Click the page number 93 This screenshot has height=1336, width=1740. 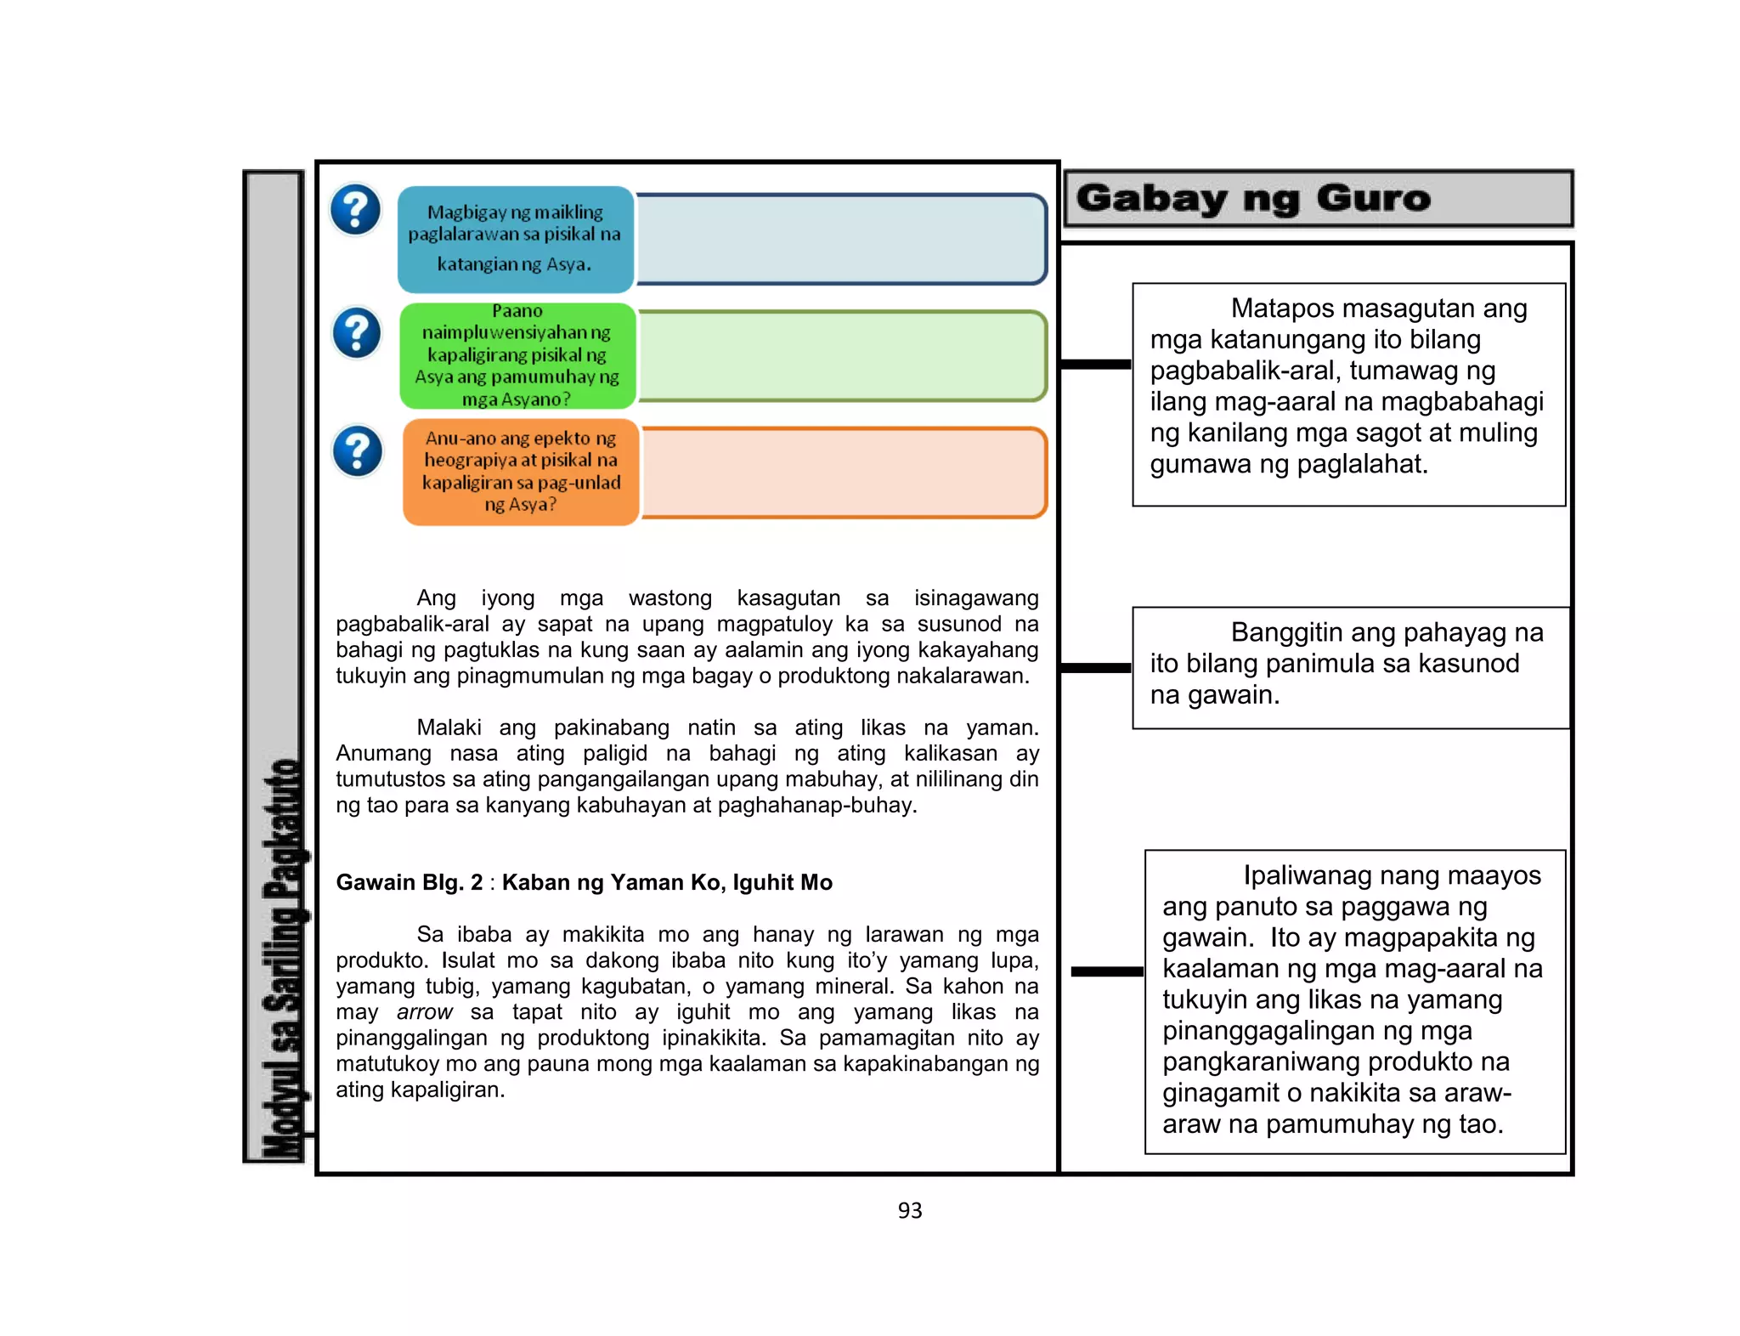(x=909, y=1210)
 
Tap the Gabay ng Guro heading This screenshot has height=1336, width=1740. (x=1253, y=199)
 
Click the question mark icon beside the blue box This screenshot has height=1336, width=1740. (x=355, y=209)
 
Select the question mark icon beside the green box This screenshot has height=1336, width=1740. (x=357, y=332)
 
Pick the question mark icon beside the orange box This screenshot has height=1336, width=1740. (x=358, y=450)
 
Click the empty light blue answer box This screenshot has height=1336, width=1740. (x=841, y=239)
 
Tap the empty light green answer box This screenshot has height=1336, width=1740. (x=842, y=355)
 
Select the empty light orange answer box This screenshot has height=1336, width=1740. (x=844, y=473)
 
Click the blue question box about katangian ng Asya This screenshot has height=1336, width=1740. (x=516, y=239)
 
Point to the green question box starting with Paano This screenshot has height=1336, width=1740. (x=517, y=355)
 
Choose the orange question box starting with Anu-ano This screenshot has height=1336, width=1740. (x=521, y=472)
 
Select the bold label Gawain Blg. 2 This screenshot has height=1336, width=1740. (x=410, y=882)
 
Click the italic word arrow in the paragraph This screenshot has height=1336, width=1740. (x=425, y=1012)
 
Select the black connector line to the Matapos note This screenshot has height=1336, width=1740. (x=1096, y=365)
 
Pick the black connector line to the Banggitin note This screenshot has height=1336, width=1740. (x=1096, y=668)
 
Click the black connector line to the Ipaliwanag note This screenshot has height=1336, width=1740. (x=1107, y=971)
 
